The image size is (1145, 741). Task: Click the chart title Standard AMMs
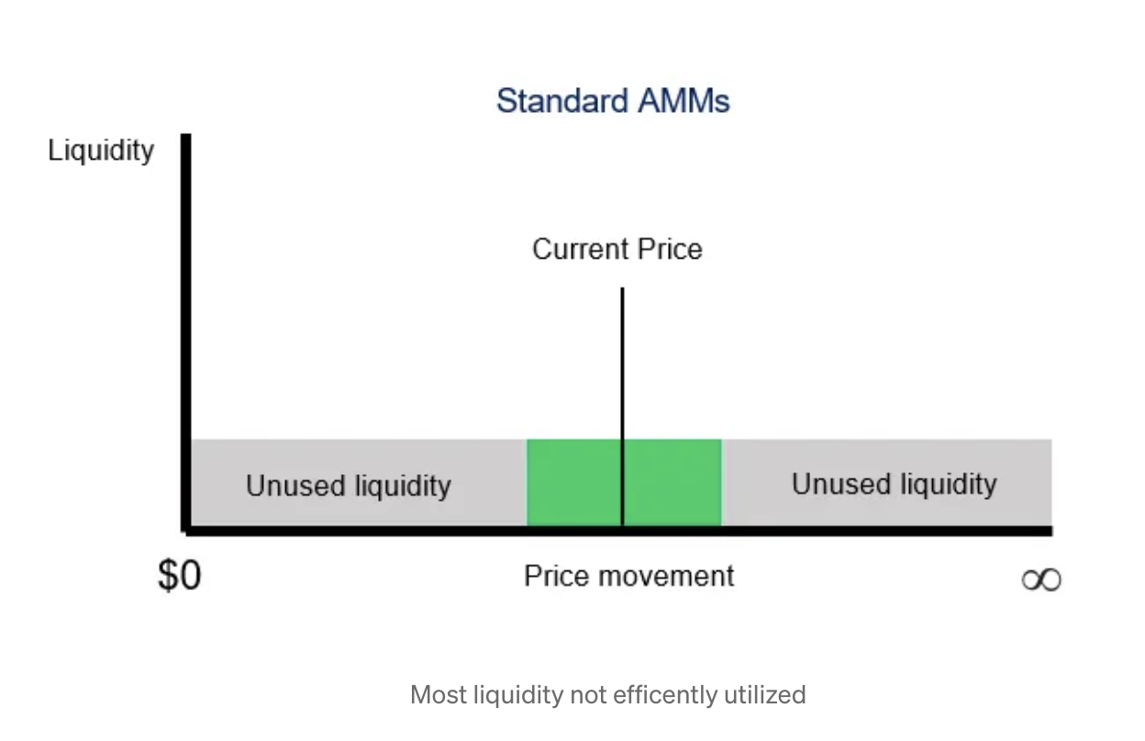[613, 101]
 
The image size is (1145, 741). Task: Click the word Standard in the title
[561, 101]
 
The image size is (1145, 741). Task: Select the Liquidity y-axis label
[101, 150]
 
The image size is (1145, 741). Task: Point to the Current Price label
[617, 249]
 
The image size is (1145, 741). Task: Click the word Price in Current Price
[670, 249]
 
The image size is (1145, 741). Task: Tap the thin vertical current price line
[622, 406]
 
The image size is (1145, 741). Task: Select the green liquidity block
[624, 482]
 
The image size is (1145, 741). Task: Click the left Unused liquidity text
[349, 485]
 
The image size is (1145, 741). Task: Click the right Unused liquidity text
[895, 484]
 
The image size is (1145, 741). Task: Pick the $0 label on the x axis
[180, 575]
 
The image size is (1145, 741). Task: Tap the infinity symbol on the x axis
[1041, 580]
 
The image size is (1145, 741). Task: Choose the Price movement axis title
[629, 577]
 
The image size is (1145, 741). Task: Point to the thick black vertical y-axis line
[186, 333]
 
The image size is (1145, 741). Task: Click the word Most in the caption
[439, 695]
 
